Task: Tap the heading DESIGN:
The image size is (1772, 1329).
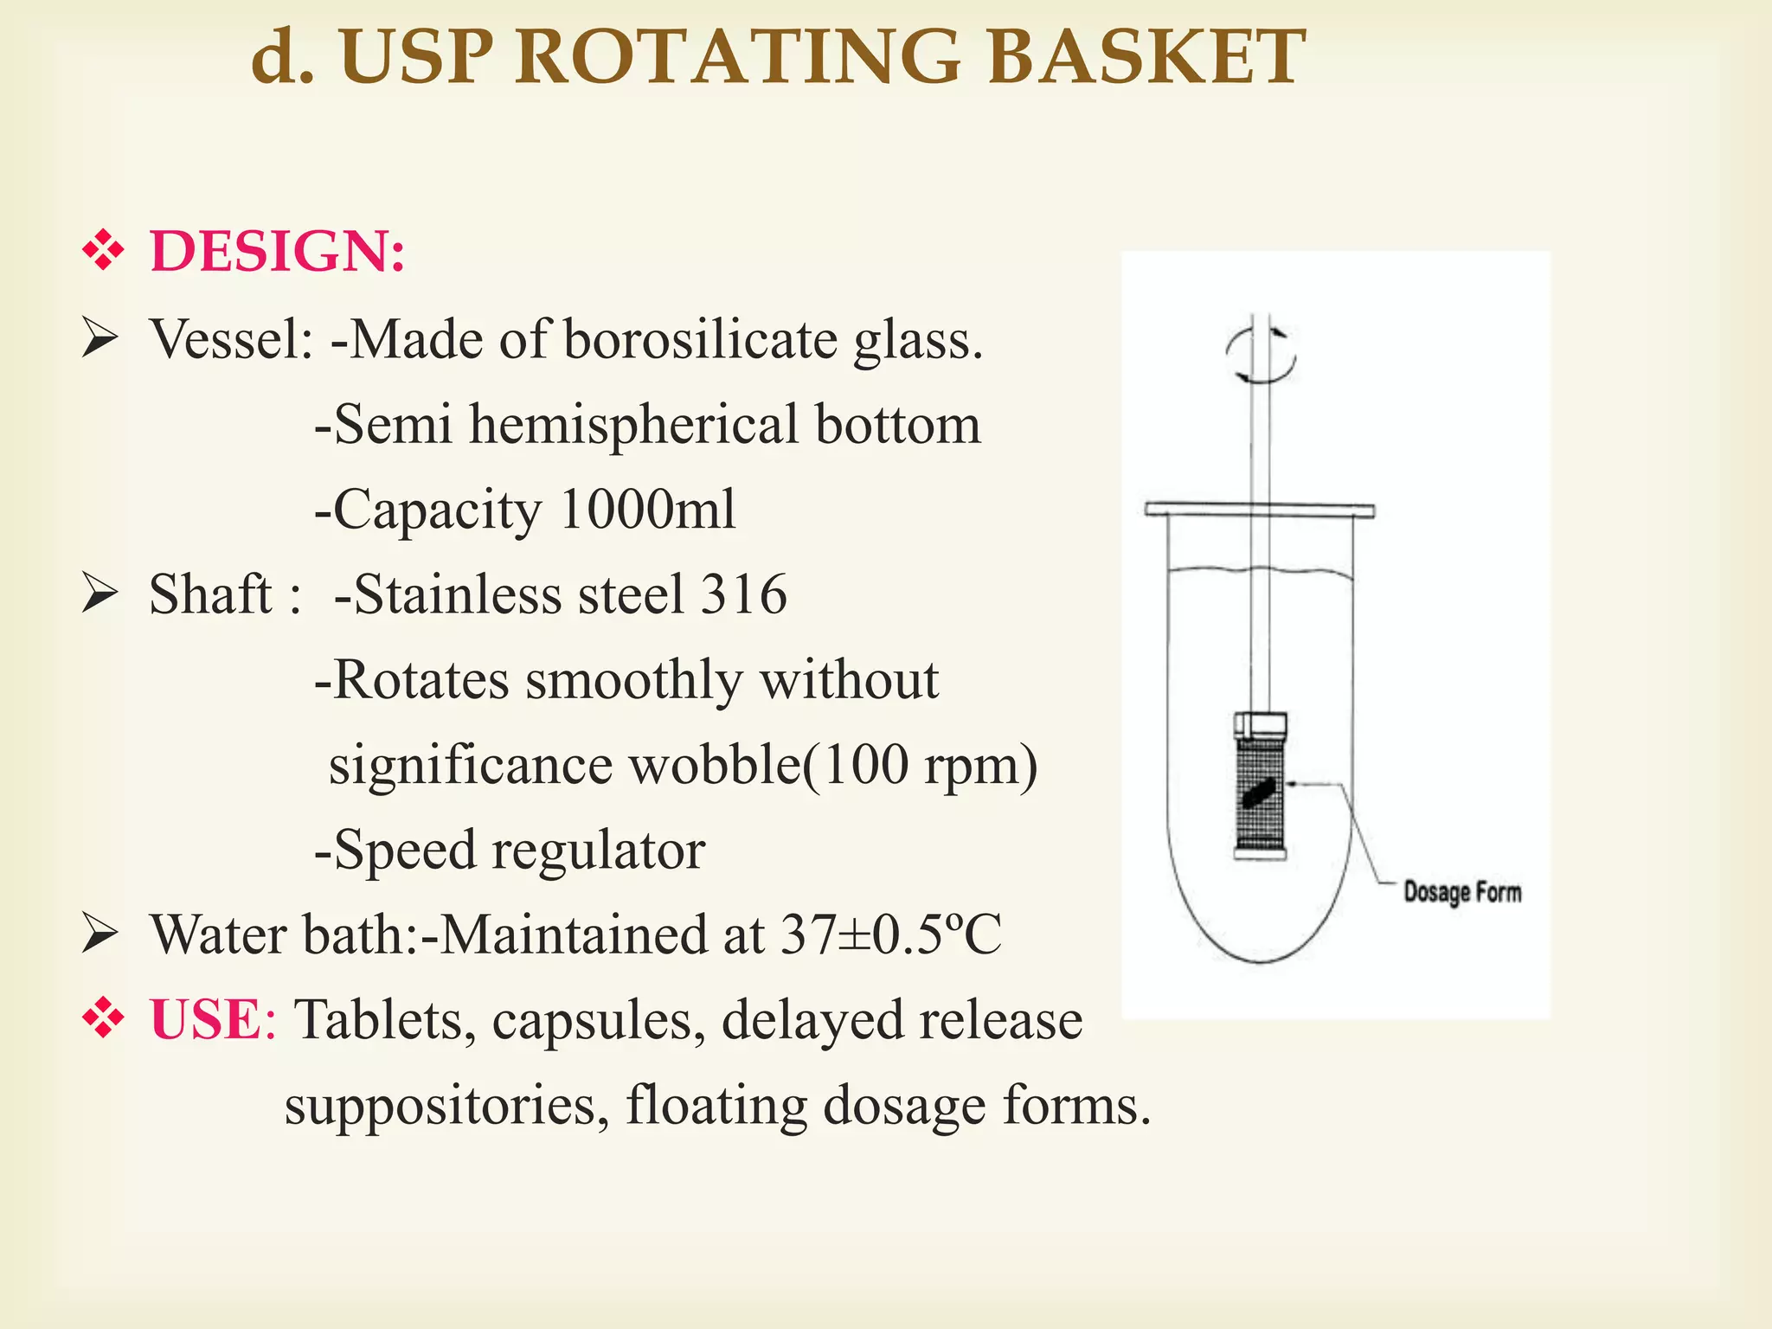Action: [x=277, y=252]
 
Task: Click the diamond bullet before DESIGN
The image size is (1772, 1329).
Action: [x=103, y=251]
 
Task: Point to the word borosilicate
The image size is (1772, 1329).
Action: [x=700, y=339]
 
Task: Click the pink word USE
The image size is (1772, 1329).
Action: [x=205, y=1019]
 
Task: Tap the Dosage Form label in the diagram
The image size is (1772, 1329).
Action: [x=1461, y=891]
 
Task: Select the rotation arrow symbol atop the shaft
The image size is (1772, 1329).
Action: [x=1260, y=355]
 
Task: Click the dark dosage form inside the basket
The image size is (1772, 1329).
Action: [x=1260, y=792]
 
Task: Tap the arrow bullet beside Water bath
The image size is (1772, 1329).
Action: [x=100, y=934]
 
